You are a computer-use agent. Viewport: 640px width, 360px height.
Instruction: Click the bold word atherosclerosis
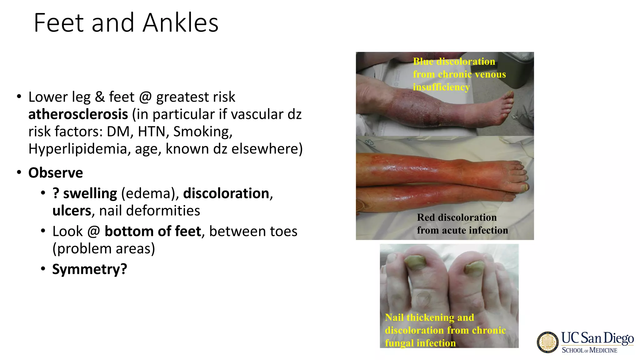[78, 114]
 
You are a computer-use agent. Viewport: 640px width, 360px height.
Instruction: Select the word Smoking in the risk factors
[202, 132]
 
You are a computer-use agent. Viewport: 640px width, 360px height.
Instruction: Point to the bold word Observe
[56, 173]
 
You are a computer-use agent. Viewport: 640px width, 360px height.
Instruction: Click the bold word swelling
[90, 193]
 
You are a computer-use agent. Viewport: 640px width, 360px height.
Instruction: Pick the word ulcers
[72, 211]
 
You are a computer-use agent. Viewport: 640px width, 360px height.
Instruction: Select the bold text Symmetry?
[90, 269]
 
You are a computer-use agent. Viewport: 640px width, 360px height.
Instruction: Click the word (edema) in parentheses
[148, 193]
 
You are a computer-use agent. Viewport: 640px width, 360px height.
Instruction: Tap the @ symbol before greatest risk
[146, 97]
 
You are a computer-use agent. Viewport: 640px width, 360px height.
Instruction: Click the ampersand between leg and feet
[100, 97]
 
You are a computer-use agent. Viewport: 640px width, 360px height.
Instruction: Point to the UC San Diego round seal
[547, 342]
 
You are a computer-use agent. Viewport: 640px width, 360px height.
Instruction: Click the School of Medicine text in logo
[589, 350]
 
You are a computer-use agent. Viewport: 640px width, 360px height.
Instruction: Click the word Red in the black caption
[426, 217]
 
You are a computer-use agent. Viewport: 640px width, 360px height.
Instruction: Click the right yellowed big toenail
[474, 268]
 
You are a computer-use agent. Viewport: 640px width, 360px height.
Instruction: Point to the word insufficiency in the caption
[441, 87]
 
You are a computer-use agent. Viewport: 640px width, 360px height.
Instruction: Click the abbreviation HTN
[151, 132]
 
